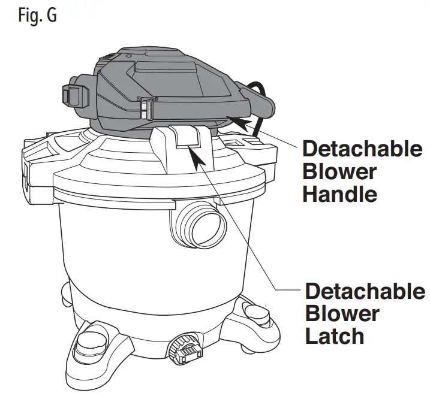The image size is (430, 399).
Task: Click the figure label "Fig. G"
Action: (x=37, y=16)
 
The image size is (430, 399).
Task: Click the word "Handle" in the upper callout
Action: (x=339, y=194)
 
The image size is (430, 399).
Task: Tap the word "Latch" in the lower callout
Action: (x=335, y=335)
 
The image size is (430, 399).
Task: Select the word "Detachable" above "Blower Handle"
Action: (x=362, y=149)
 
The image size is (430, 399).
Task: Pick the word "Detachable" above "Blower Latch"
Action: (x=365, y=291)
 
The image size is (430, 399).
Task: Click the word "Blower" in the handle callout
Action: (x=339, y=171)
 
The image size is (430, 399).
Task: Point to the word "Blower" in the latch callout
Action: (x=342, y=313)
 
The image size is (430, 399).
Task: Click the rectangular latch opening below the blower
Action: (x=188, y=139)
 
